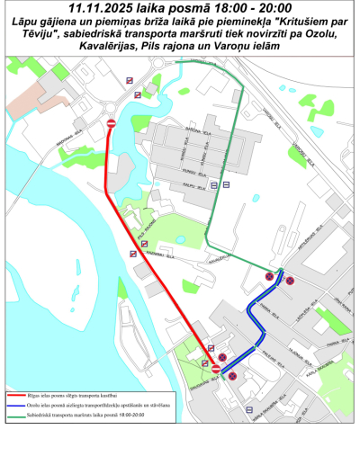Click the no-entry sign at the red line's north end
(x=111, y=123)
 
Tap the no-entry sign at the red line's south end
(x=216, y=369)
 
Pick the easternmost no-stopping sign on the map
(x=291, y=280)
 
